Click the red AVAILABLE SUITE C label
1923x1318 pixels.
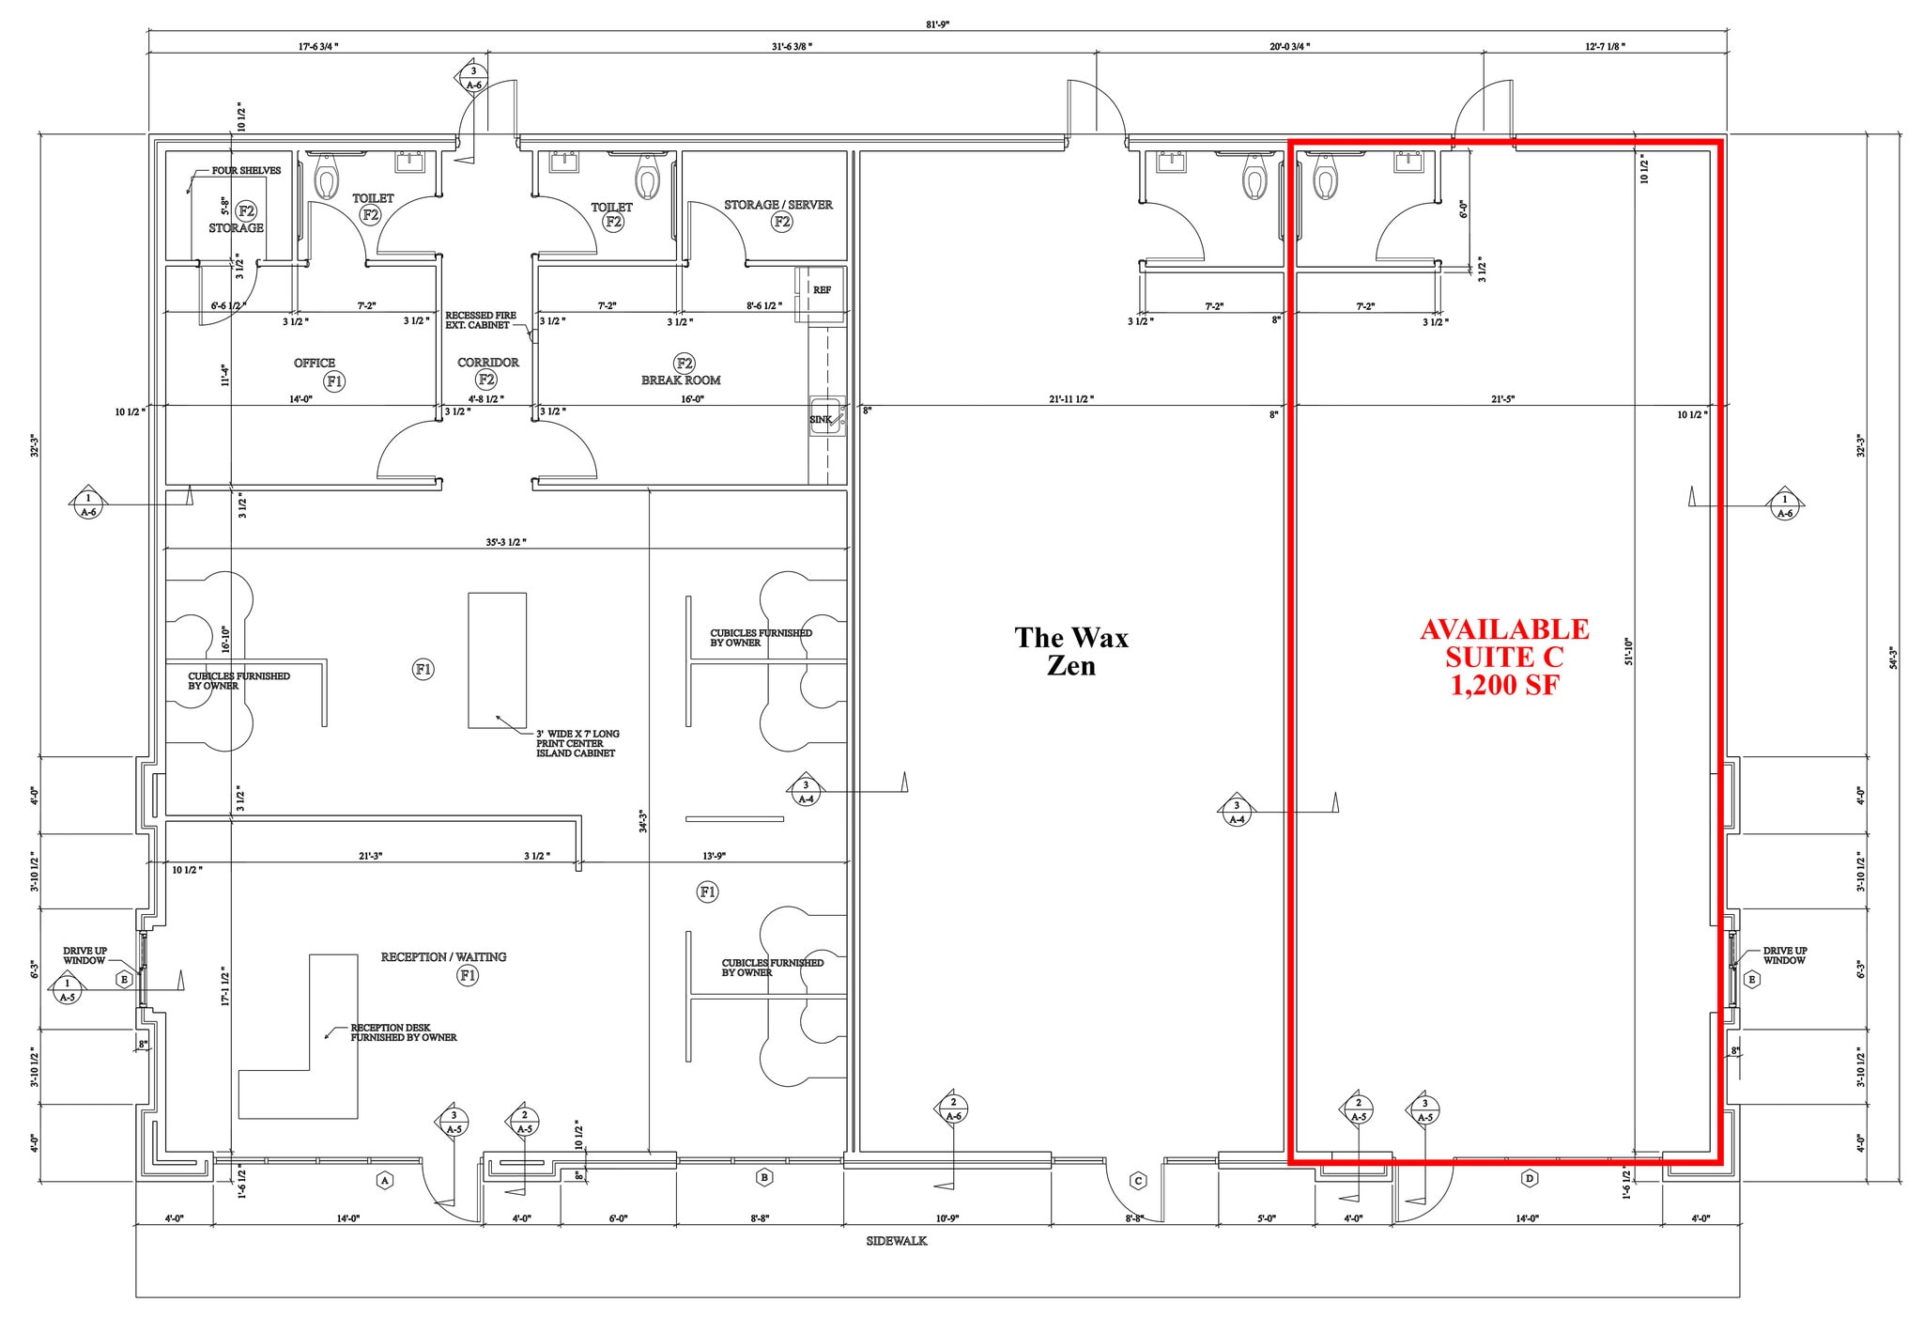pyautogui.click(x=1504, y=657)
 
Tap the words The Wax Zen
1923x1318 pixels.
pyautogui.click(x=1071, y=651)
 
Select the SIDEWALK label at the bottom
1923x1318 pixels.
pyautogui.click(x=896, y=1241)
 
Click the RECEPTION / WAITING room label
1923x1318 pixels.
pyautogui.click(x=443, y=957)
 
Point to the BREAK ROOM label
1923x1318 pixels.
pyautogui.click(x=681, y=380)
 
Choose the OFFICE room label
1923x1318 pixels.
pyautogui.click(x=315, y=364)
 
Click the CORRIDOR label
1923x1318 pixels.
pyautogui.click(x=487, y=363)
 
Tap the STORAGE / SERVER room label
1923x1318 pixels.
pyautogui.click(x=777, y=205)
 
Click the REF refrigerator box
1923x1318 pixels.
pyautogui.click(x=822, y=290)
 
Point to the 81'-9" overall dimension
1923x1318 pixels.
pyautogui.click(x=937, y=25)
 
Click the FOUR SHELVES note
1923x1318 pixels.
pyautogui.click(x=246, y=171)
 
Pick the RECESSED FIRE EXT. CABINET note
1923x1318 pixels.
pyautogui.click(x=480, y=320)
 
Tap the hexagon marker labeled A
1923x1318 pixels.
pyautogui.click(x=383, y=1180)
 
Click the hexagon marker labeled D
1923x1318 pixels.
pyautogui.click(x=1529, y=1178)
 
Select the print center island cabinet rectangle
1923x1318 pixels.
pyautogui.click(x=497, y=659)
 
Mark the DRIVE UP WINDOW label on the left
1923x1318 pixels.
pyautogui.click(x=85, y=955)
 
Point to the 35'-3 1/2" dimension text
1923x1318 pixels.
pyautogui.click(x=505, y=543)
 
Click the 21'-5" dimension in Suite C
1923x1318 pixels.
pyautogui.click(x=1502, y=399)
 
